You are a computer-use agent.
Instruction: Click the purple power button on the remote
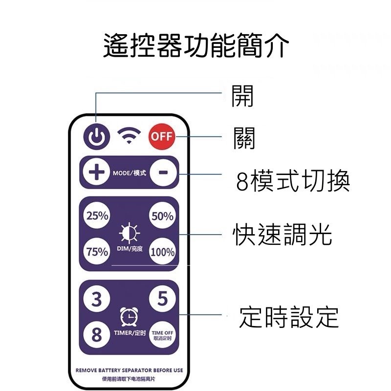96,137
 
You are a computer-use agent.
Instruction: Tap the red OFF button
162,137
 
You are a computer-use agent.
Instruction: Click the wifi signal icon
129,135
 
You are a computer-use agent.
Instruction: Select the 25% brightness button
97,216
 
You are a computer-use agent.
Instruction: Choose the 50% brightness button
162,216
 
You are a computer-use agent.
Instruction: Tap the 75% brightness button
97,251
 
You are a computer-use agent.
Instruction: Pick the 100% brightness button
162,251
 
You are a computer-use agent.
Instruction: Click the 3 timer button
97,299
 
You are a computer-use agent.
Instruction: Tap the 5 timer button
162,298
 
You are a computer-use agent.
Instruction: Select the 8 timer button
97,334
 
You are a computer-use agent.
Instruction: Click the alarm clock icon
129,316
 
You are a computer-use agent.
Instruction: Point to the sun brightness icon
129,233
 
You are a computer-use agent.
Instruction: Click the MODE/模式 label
129,173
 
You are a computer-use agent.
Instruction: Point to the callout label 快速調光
282,234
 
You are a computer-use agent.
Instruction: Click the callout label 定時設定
289,317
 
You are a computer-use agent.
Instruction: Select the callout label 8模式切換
293,180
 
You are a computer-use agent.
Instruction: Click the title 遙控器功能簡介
196,45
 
